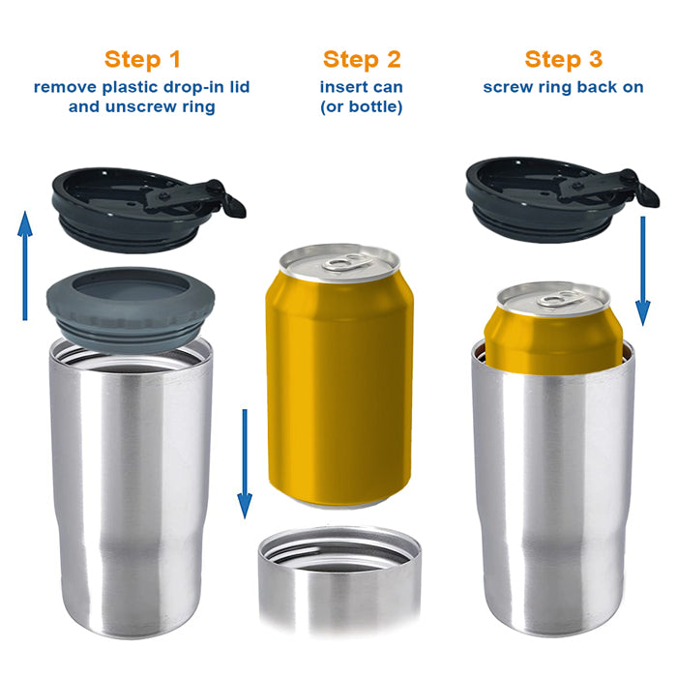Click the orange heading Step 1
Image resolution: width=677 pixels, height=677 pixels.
[142, 59]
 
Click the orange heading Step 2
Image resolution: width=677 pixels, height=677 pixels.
[362, 59]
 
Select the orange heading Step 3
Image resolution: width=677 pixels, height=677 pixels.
[564, 59]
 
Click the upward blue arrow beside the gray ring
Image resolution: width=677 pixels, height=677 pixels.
[25, 266]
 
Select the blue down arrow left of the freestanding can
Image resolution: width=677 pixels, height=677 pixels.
[245, 463]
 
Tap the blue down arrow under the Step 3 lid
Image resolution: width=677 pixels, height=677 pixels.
[643, 271]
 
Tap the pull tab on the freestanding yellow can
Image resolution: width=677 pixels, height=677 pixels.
[348, 261]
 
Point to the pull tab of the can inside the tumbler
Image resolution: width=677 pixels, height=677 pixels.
[560, 298]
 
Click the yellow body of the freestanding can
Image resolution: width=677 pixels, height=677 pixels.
[339, 389]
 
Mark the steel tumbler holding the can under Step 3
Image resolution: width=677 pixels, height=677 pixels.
[553, 487]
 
